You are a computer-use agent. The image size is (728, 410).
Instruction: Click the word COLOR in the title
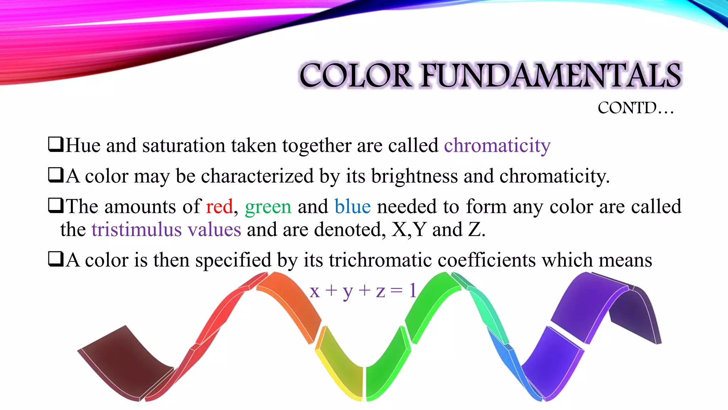click(x=355, y=75)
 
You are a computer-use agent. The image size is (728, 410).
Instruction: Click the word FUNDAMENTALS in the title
click(x=551, y=75)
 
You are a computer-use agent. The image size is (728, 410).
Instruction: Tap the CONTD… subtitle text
click(x=636, y=108)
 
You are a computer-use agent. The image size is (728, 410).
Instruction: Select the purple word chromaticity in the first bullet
click(x=497, y=146)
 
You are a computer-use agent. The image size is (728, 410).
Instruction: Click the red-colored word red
click(x=219, y=207)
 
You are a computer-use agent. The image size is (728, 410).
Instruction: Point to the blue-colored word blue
click(x=352, y=207)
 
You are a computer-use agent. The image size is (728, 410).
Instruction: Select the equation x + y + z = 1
click(x=363, y=291)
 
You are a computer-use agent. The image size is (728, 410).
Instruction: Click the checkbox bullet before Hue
click(x=56, y=144)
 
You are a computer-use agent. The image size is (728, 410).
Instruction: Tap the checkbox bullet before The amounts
click(x=56, y=206)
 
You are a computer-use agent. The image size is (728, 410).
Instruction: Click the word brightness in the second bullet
click(x=414, y=176)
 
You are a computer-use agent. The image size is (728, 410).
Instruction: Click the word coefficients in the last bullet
click(x=486, y=260)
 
